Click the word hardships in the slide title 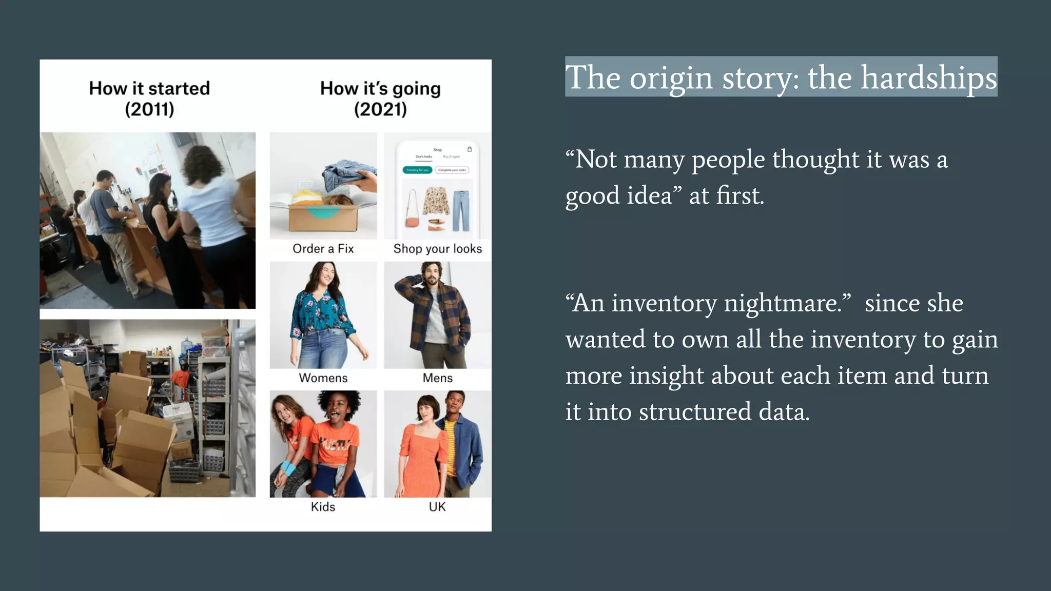[x=928, y=78]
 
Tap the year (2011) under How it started [x=149, y=109]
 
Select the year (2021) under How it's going [x=380, y=109]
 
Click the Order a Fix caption [x=323, y=249]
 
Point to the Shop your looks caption [x=437, y=249]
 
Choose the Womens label [x=323, y=378]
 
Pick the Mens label [x=437, y=378]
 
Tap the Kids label [x=323, y=507]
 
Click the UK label [x=437, y=507]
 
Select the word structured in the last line [x=695, y=412]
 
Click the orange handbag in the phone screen [x=412, y=221]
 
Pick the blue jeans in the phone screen [x=461, y=210]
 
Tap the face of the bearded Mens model [x=431, y=275]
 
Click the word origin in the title [x=671, y=78]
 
